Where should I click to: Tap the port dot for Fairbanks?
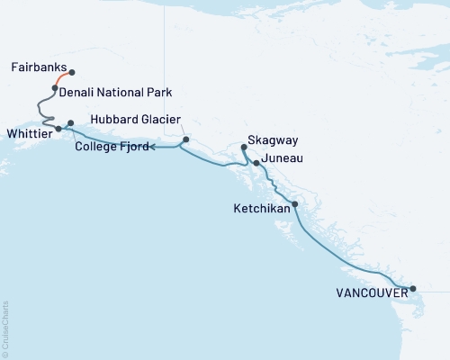(x=72, y=72)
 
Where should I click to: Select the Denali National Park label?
(x=116, y=92)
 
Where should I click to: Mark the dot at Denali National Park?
(x=55, y=88)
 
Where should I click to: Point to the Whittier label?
(x=27, y=131)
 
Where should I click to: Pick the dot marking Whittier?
(x=58, y=129)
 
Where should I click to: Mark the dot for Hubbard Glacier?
(x=185, y=139)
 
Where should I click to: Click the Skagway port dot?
(x=244, y=145)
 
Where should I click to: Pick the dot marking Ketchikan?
(x=295, y=204)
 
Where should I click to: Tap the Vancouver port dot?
(x=413, y=289)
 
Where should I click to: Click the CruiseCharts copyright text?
(x=6, y=328)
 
